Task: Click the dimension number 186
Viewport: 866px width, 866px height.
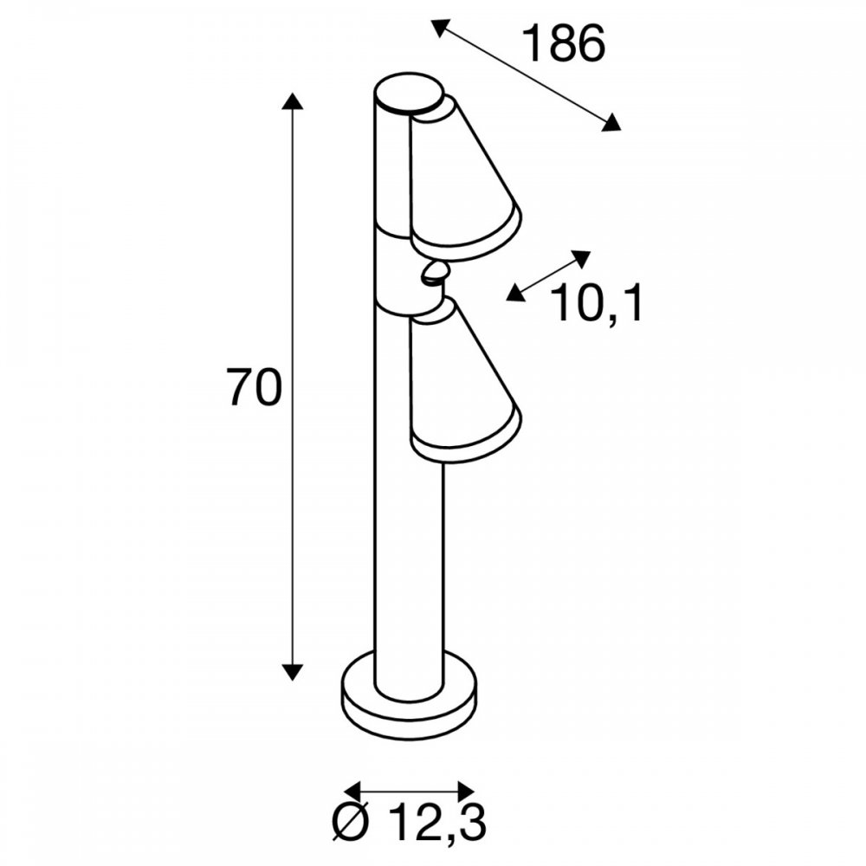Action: (564, 43)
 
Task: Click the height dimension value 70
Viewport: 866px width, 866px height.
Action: (255, 388)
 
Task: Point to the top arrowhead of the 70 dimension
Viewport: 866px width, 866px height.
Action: (292, 101)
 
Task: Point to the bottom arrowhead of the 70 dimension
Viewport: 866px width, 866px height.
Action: (292, 672)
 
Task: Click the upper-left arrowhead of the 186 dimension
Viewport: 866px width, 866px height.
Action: (439, 27)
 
